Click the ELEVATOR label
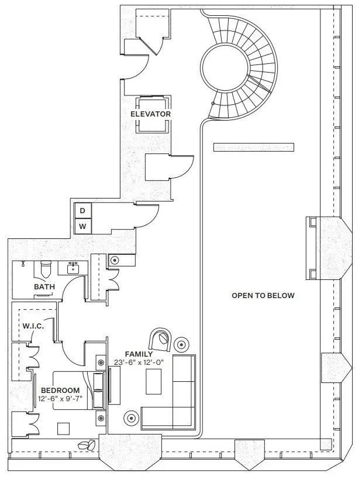[x=151, y=114]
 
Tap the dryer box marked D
[x=82, y=210]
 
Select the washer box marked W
[x=82, y=226]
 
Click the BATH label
[x=44, y=287]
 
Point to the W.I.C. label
[x=33, y=326]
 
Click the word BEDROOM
[x=60, y=390]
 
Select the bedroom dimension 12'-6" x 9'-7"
[x=60, y=399]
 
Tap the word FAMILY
[x=139, y=354]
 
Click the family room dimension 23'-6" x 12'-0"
[x=139, y=363]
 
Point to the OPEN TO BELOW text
[x=263, y=296]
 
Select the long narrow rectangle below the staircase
[x=252, y=147]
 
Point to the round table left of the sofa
[x=130, y=418]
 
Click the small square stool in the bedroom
[x=63, y=428]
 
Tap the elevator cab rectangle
[x=151, y=113]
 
